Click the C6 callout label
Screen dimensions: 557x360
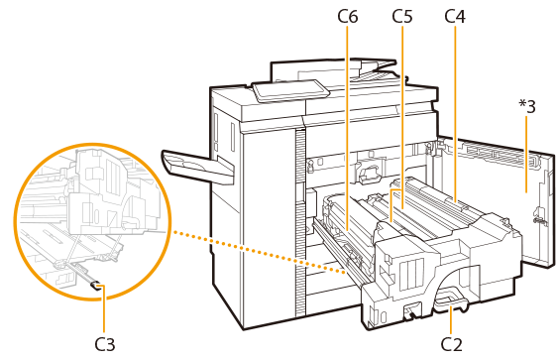click(348, 16)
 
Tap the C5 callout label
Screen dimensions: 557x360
click(402, 16)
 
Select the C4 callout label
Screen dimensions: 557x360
click(455, 16)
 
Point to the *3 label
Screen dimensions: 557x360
click(527, 106)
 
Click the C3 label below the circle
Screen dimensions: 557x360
click(105, 344)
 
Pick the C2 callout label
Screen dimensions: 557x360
click(452, 344)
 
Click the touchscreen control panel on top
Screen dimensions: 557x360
click(289, 90)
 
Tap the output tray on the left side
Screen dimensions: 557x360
click(197, 167)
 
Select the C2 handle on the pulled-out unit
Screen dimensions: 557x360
click(450, 302)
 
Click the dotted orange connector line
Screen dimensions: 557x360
click(260, 253)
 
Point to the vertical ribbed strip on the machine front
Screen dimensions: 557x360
click(300, 223)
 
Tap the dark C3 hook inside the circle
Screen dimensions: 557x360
click(95, 286)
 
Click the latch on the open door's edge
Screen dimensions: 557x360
click(537, 217)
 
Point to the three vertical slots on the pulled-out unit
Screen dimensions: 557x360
click(411, 273)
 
